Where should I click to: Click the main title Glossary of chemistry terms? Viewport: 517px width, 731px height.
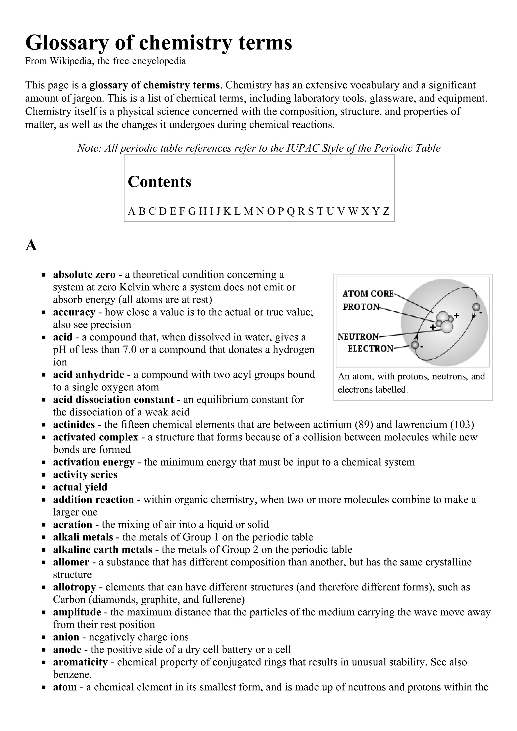coord(158,43)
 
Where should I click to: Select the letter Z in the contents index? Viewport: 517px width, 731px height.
coord(386,211)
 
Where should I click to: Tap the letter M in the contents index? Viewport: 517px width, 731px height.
coord(248,211)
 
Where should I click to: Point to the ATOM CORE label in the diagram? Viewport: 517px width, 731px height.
coord(368,293)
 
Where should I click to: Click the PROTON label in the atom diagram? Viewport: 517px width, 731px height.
coord(361,307)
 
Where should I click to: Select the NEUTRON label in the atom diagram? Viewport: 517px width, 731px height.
coord(358,337)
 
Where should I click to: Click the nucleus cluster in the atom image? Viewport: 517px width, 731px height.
coord(445,322)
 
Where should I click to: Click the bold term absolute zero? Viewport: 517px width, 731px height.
coord(84,275)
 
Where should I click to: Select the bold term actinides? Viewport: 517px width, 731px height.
coord(74,424)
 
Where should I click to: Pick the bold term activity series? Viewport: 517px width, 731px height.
coord(85,474)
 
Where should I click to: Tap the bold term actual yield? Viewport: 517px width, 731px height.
coord(80,487)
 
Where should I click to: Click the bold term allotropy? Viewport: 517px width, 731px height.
coord(74,587)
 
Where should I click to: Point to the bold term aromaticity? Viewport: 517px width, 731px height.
coord(80,662)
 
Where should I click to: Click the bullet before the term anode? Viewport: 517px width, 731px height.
coord(44,650)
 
